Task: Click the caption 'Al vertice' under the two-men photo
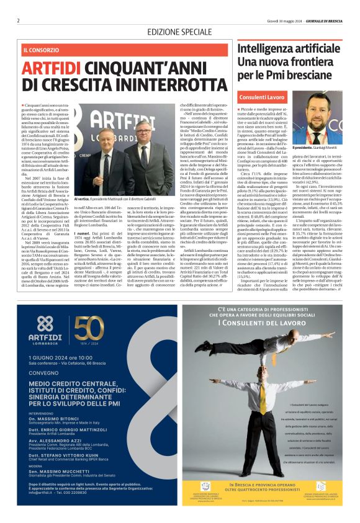[82, 216]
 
